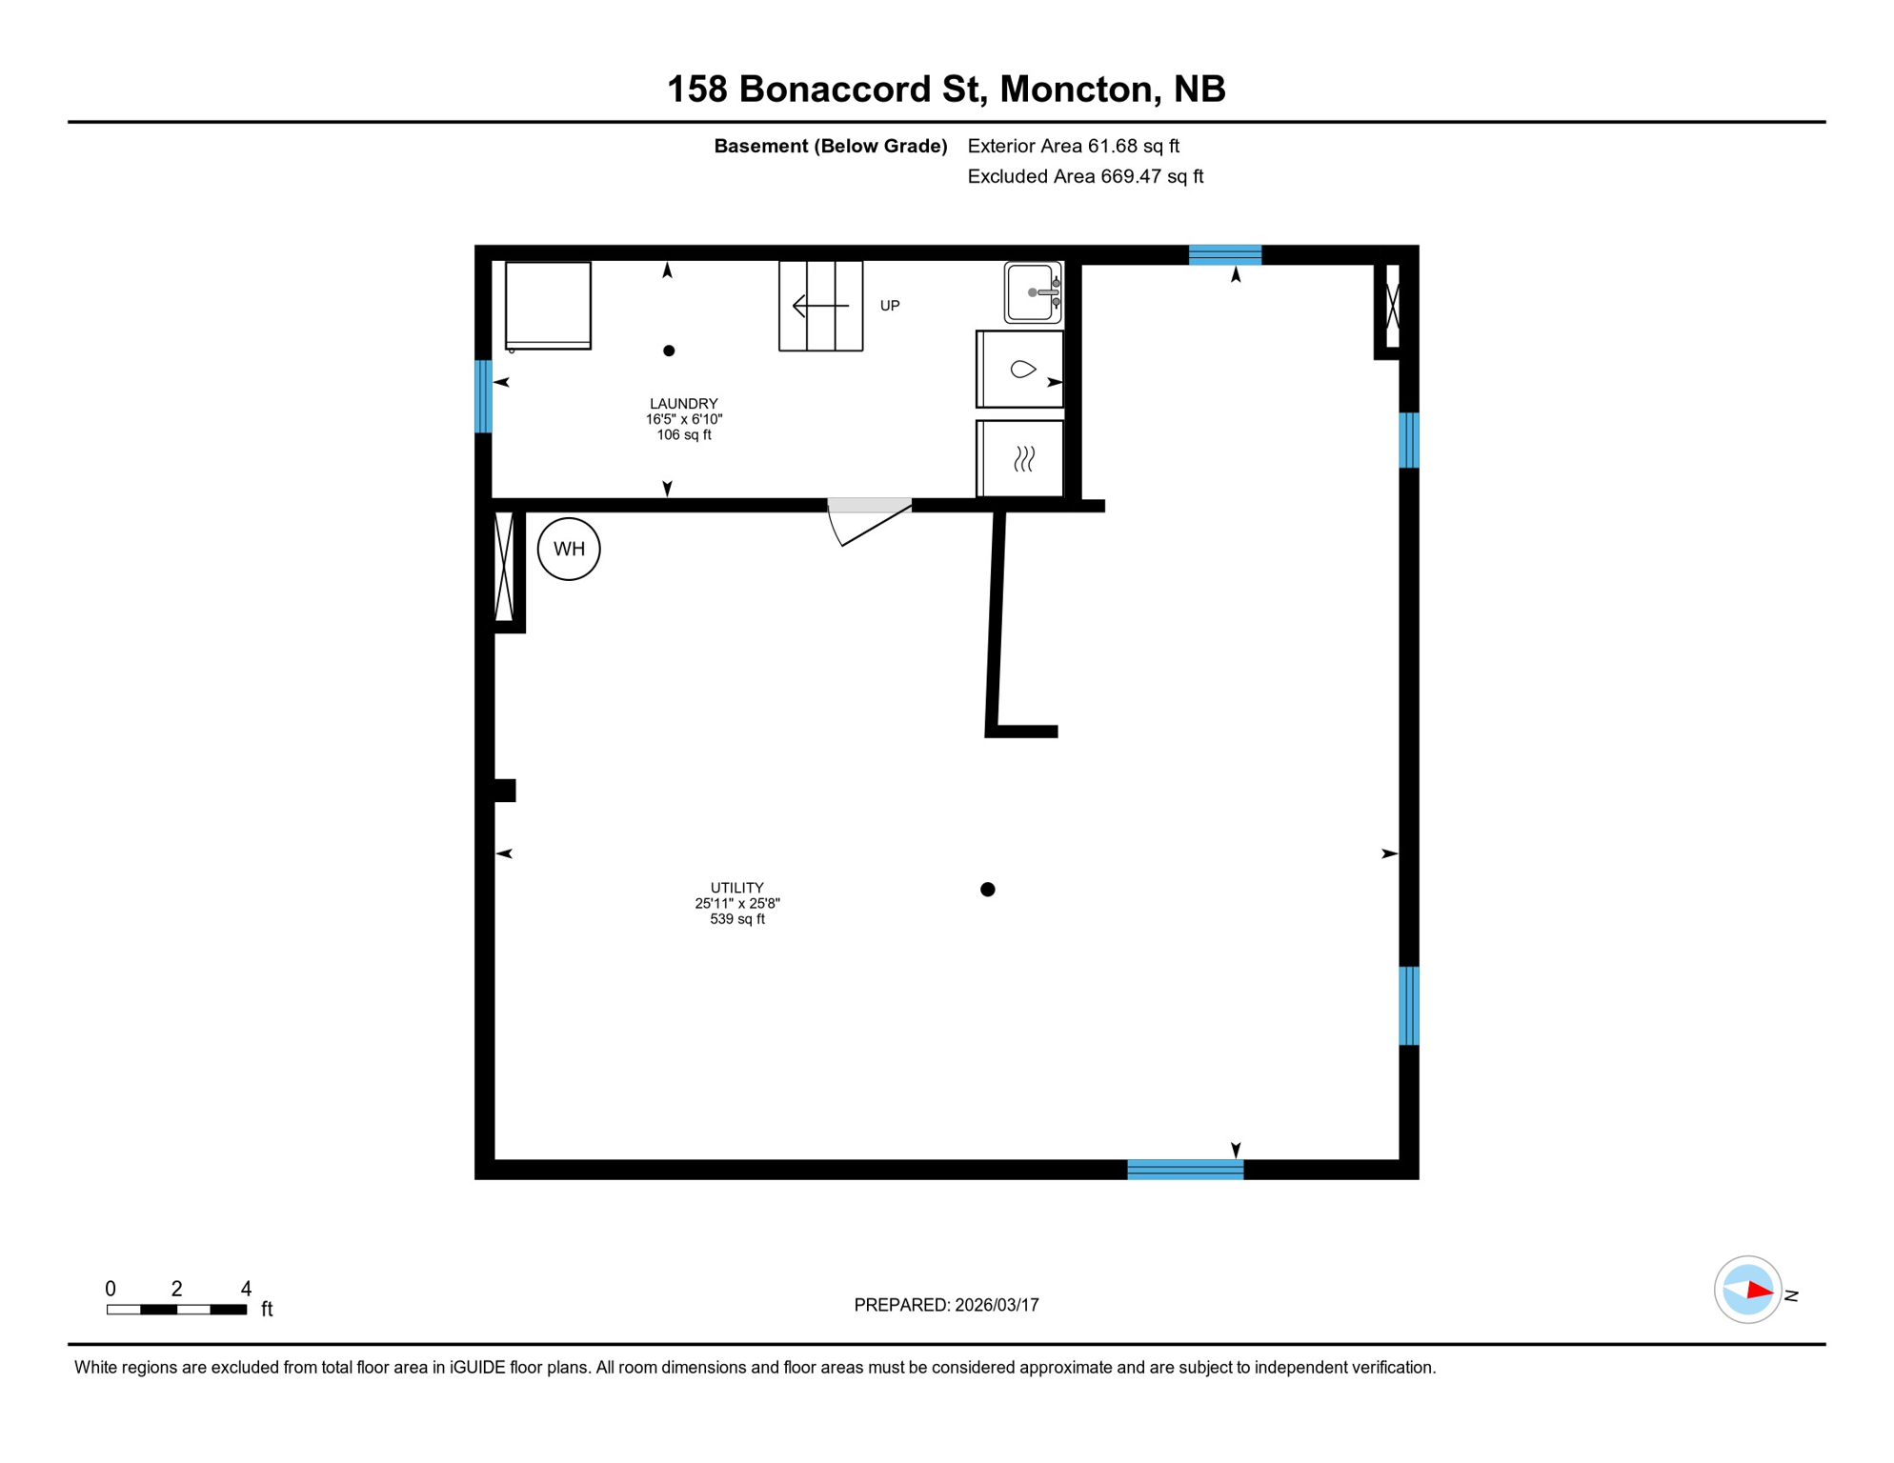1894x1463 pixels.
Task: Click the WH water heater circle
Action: [569, 549]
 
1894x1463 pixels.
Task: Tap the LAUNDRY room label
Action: [683, 404]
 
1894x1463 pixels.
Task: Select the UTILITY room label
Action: [736, 888]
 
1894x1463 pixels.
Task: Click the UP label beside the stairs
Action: [889, 306]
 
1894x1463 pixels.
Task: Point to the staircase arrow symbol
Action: [820, 306]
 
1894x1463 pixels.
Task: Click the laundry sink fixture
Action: [1033, 292]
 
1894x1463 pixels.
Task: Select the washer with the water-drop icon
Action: [1020, 370]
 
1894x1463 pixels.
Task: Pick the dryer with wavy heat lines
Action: [1021, 459]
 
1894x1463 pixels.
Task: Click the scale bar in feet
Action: [177, 1310]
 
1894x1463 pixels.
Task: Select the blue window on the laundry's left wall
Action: [484, 396]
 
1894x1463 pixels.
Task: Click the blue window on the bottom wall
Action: [1185, 1170]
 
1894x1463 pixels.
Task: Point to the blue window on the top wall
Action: [1225, 254]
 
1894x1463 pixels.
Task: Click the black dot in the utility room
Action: [988, 890]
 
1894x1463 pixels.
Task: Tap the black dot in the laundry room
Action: [669, 351]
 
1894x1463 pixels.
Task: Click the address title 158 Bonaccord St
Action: [945, 90]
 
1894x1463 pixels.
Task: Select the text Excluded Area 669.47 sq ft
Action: [1085, 176]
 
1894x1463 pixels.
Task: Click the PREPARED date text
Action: [946, 1305]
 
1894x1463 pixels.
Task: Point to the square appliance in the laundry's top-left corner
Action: [548, 305]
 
